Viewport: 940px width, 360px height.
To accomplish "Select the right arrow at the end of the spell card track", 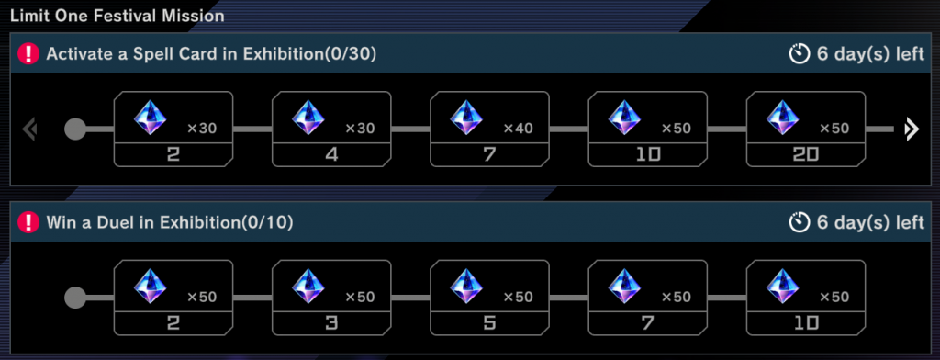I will tap(911, 129).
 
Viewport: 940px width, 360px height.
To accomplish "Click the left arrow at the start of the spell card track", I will tap(29, 129).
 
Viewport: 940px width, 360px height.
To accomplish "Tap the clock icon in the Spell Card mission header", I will tap(799, 55).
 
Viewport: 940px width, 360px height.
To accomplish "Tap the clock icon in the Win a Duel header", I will tap(799, 222).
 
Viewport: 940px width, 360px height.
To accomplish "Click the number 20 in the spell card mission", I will tap(805, 155).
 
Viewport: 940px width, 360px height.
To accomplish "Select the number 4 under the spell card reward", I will tap(331, 155).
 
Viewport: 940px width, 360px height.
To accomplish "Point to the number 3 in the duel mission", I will tap(331, 322).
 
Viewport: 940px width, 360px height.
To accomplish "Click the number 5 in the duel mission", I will tap(489, 322).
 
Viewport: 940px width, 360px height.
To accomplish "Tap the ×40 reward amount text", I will tap(518, 129).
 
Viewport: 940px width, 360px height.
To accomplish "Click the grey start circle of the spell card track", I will tap(75, 129).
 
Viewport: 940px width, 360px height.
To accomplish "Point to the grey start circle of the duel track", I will tap(75, 297).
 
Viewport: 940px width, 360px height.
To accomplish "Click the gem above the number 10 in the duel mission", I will tap(780, 287).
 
